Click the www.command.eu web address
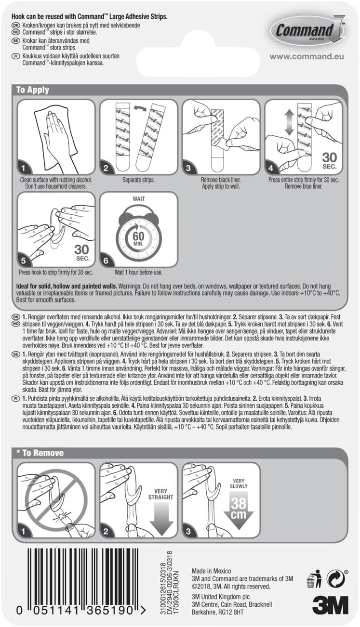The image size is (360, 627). [x=307, y=56]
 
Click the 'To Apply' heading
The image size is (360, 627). [x=33, y=90]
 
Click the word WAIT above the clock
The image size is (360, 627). [x=139, y=198]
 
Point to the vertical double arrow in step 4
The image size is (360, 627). [x=289, y=122]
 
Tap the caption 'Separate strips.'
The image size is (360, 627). [x=138, y=180]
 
